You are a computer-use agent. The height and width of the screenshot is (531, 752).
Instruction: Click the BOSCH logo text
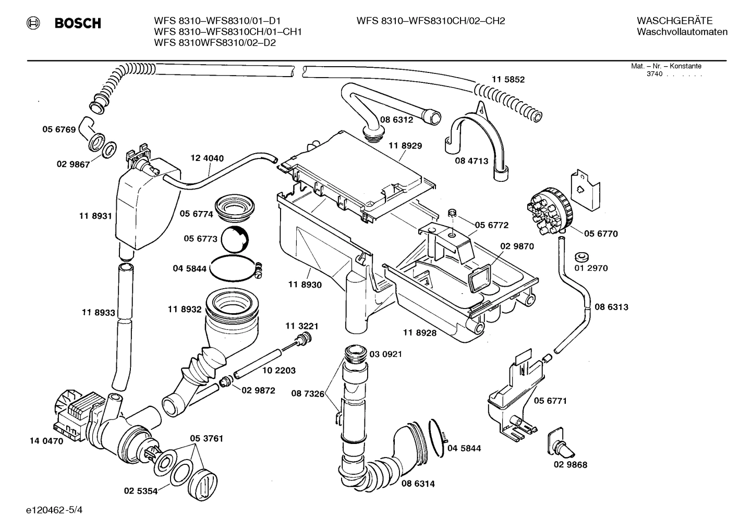(x=77, y=23)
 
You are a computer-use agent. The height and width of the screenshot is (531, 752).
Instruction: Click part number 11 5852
(x=508, y=80)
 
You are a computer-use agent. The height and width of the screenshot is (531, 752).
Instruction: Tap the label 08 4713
(x=471, y=161)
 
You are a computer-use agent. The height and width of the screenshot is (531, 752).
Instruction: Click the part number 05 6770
(x=601, y=233)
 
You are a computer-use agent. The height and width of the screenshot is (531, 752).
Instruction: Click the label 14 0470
(x=46, y=441)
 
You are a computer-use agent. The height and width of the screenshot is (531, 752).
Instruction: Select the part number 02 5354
(x=141, y=491)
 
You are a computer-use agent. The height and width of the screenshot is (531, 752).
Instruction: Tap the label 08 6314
(x=418, y=484)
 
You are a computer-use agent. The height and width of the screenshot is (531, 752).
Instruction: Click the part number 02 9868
(x=570, y=465)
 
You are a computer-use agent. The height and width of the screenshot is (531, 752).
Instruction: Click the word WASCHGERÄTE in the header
(x=674, y=21)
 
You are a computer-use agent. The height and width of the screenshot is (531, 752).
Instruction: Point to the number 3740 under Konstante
(x=654, y=74)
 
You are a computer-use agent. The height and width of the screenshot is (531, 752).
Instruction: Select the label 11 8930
(x=305, y=285)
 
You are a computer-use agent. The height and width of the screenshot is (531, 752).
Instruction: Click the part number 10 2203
(x=278, y=371)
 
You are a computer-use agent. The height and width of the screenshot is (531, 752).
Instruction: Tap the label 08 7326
(x=308, y=394)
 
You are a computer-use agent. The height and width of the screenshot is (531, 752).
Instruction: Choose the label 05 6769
(x=59, y=129)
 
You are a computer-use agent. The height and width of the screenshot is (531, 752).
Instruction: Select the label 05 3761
(x=206, y=438)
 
